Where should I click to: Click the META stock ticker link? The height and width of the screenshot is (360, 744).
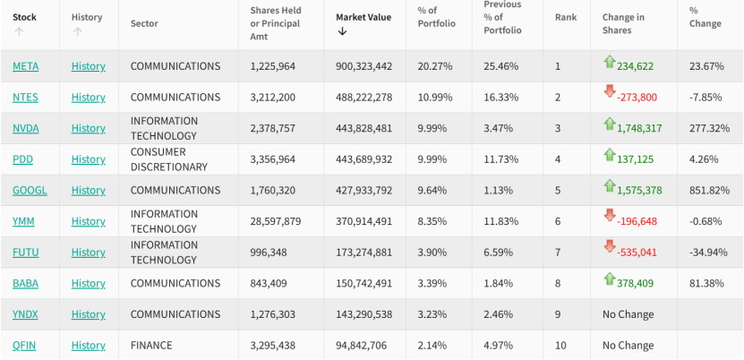tap(25, 66)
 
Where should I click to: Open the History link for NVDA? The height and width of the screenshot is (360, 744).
tap(88, 128)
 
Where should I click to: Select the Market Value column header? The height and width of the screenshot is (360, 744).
tap(363, 17)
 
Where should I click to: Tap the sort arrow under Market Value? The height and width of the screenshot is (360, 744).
tap(342, 31)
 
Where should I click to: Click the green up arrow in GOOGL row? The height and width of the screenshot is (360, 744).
tap(610, 186)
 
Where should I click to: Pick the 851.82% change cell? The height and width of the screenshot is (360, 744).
tap(706, 190)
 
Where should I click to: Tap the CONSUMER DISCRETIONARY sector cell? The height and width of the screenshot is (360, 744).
tap(168, 159)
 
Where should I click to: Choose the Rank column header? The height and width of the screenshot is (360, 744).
tap(566, 17)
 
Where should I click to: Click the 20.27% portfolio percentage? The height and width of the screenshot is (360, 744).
tap(435, 66)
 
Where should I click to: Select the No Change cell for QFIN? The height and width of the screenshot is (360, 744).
tap(628, 346)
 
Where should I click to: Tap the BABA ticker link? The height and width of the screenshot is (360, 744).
tap(26, 283)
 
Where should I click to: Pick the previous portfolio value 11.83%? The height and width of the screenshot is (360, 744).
tap(501, 221)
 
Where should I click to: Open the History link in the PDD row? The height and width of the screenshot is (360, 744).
tap(88, 159)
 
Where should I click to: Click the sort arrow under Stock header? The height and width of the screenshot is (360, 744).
tap(19, 31)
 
